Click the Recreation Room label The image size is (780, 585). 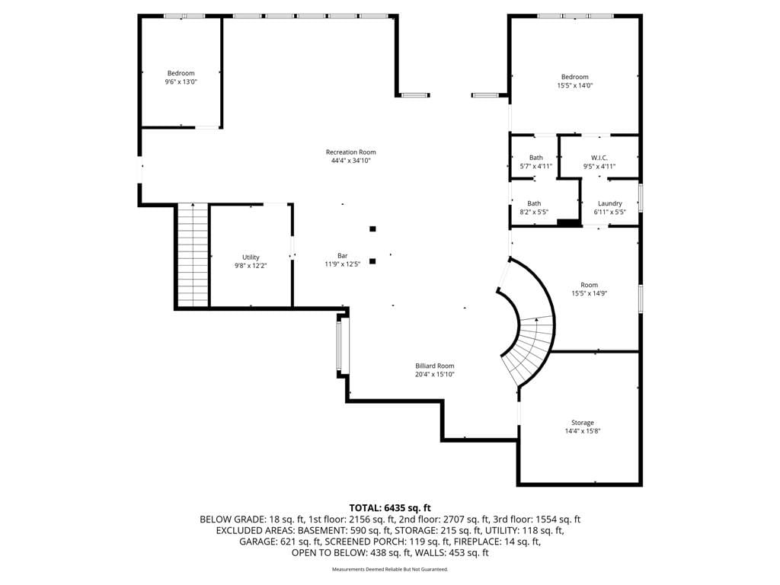(350, 152)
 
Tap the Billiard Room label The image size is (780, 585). (435, 366)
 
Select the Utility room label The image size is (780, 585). (251, 257)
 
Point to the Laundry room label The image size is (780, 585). (610, 203)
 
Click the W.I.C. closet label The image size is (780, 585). (599, 158)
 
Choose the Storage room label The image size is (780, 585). (583, 423)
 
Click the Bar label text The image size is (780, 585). (343, 256)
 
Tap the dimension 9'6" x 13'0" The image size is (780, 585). (181, 82)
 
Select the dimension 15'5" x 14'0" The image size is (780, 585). (575, 85)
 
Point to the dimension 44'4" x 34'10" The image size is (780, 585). (350, 161)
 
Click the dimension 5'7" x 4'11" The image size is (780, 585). (535, 166)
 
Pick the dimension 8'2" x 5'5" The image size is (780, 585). (534, 212)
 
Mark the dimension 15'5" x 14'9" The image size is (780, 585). (590, 293)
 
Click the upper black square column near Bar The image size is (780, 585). (372, 229)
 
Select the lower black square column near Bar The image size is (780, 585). (372, 261)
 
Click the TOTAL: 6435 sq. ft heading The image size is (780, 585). (390, 508)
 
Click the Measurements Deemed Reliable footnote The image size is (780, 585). (390, 569)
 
